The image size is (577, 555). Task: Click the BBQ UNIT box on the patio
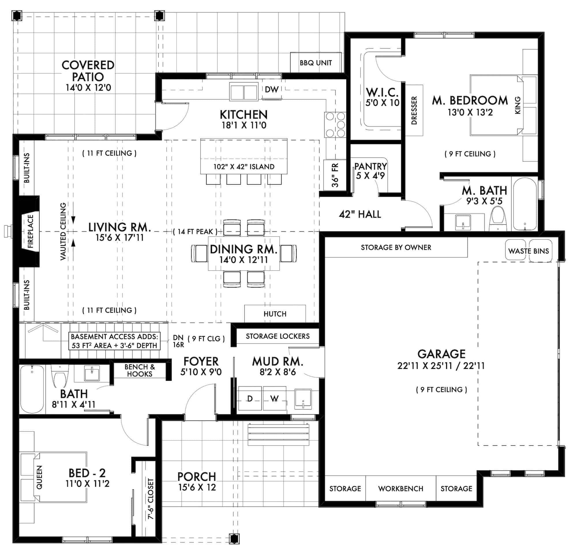(316, 63)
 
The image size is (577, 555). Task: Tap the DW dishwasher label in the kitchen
(271, 90)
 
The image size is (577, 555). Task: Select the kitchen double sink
(243, 92)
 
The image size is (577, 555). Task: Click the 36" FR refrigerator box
(335, 175)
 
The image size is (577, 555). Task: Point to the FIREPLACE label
(31, 231)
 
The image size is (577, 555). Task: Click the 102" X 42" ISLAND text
(244, 166)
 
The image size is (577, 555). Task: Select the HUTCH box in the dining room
(275, 314)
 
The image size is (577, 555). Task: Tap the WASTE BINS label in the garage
(529, 251)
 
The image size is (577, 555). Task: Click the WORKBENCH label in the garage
(400, 489)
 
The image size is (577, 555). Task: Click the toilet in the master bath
(498, 218)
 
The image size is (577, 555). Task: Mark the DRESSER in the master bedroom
(414, 110)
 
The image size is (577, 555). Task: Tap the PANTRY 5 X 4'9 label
(370, 171)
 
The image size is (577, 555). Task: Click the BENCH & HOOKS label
(140, 370)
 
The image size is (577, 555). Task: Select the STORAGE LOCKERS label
(277, 336)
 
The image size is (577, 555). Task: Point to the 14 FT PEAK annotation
(195, 232)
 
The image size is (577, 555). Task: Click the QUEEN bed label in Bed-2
(39, 477)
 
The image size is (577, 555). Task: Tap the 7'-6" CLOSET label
(150, 498)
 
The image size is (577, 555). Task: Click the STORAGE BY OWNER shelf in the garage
(396, 247)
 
